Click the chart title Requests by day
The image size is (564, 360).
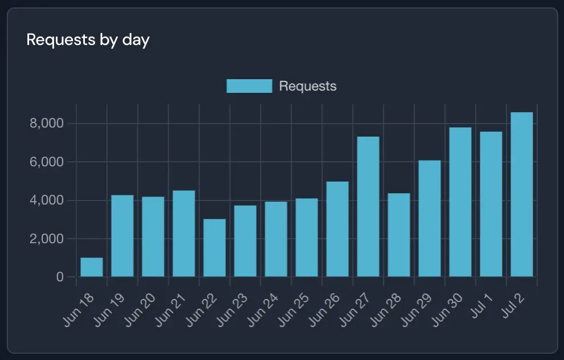88,40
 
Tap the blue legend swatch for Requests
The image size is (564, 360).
250,86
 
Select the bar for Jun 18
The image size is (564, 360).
92,267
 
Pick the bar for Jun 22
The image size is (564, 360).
215,248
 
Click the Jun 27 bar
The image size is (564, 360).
369,207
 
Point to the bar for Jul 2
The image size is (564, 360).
522,195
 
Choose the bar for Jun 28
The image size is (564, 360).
399,235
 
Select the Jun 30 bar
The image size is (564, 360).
460,202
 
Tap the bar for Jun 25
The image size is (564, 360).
307,238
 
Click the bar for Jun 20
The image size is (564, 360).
153,236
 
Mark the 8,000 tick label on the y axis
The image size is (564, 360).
46,124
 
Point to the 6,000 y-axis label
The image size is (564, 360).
46,162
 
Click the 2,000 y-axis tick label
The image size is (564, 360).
46,239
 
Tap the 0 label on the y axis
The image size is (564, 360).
60,277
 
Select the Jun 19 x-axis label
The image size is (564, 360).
109,310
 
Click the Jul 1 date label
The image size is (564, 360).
481,306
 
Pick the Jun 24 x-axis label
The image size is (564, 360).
263,310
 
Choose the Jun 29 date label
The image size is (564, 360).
416,310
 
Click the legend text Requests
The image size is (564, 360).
308,87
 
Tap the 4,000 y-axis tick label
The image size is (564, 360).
46,201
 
